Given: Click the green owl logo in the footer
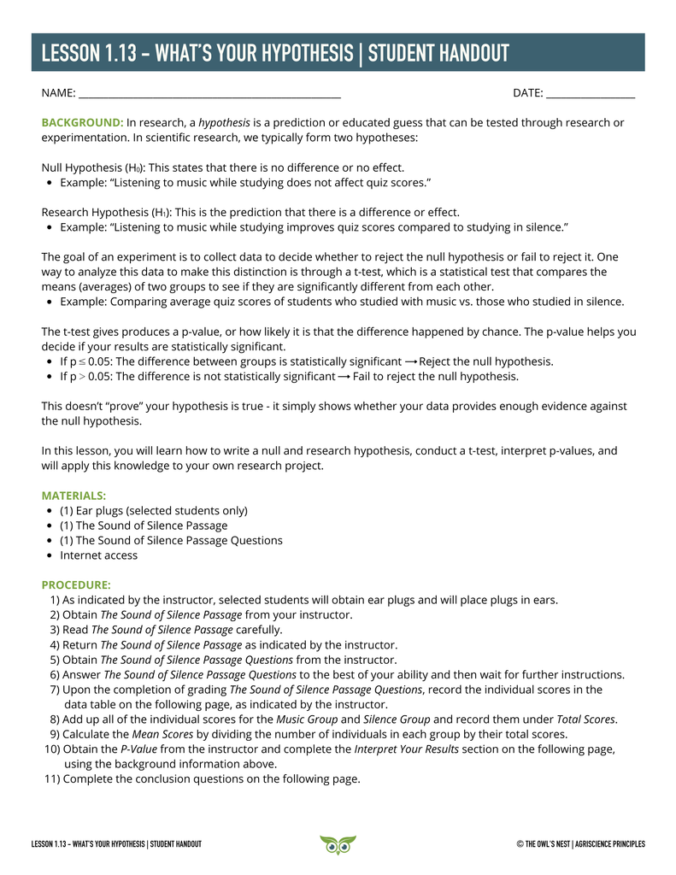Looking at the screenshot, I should point(338,844).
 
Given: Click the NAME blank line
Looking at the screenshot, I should point(209,94).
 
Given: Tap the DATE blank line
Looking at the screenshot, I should point(590,94).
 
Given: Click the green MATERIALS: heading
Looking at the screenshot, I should point(74,496).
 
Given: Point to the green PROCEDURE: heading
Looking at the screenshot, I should point(76,585).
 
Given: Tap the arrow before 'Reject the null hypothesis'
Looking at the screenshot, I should point(411,361).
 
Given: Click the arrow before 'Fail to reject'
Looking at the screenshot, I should point(344,376).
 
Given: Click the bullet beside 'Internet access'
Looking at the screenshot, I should point(50,555).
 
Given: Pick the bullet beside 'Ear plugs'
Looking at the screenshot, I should point(50,511).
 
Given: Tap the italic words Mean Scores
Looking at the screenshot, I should point(161,734).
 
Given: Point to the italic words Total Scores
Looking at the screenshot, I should point(585,719).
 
